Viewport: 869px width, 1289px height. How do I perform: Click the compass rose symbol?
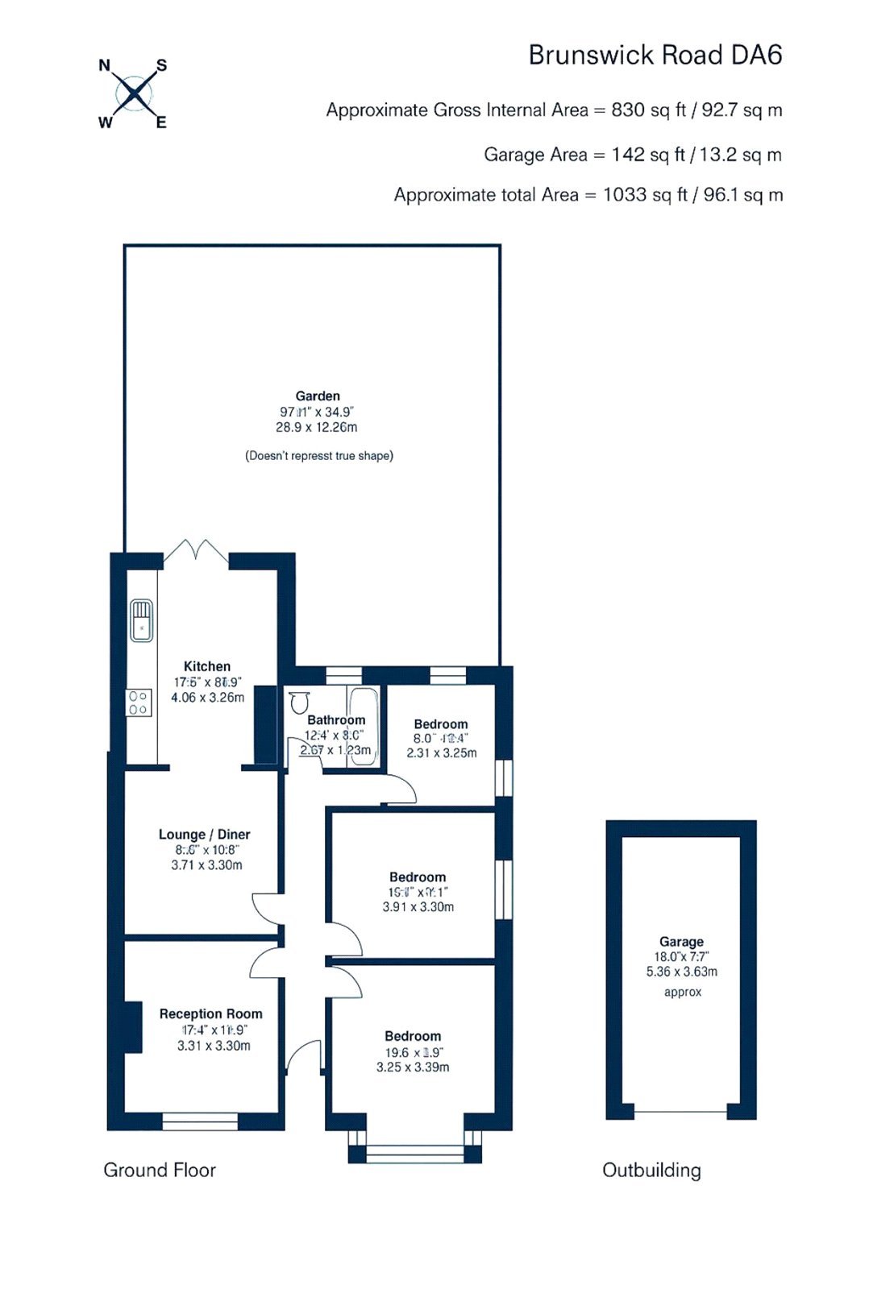pyautogui.click(x=133, y=93)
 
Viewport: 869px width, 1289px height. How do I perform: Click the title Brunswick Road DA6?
pyautogui.click(x=655, y=55)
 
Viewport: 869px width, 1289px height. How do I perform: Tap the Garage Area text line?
pyautogui.click(x=632, y=155)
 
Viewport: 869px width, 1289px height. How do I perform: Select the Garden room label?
pyautogui.click(x=318, y=396)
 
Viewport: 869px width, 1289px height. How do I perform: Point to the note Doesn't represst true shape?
pyautogui.click(x=319, y=456)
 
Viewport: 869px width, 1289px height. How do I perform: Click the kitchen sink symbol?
pyautogui.click(x=142, y=620)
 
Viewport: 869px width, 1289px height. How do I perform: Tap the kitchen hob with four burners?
pyautogui.click(x=139, y=703)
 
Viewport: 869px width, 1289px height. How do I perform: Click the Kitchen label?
pyautogui.click(x=207, y=666)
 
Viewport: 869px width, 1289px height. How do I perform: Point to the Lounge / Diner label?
pyautogui.click(x=205, y=835)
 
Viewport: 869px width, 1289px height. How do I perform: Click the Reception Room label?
pyautogui.click(x=211, y=1014)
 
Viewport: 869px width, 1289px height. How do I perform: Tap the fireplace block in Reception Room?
pyautogui.click(x=133, y=1026)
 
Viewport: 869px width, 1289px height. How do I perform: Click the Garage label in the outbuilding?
pyautogui.click(x=681, y=942)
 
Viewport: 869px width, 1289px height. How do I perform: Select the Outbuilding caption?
pyautogui.click(x=651, y=1170)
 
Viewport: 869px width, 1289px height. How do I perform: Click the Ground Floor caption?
pyautogui.click(x=160, y=1170)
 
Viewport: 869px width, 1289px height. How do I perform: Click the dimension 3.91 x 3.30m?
pyautogui.click(x=418, y=907)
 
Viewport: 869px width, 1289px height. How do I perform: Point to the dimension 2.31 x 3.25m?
pyautogui.click(x=442, y=753)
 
